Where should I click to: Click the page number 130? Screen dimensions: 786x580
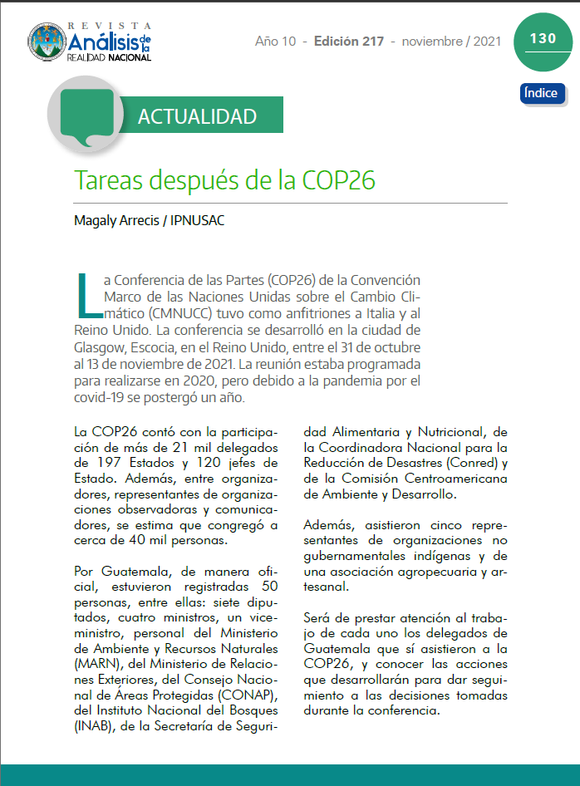[542, 38]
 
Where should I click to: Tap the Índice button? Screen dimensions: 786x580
[542, 93]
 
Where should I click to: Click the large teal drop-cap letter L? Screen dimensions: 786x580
[86, 297]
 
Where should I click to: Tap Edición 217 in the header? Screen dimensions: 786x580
[348, 41]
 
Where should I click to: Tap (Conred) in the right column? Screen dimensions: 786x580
[472, 463]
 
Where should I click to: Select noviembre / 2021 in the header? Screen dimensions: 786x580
[451, 41]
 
